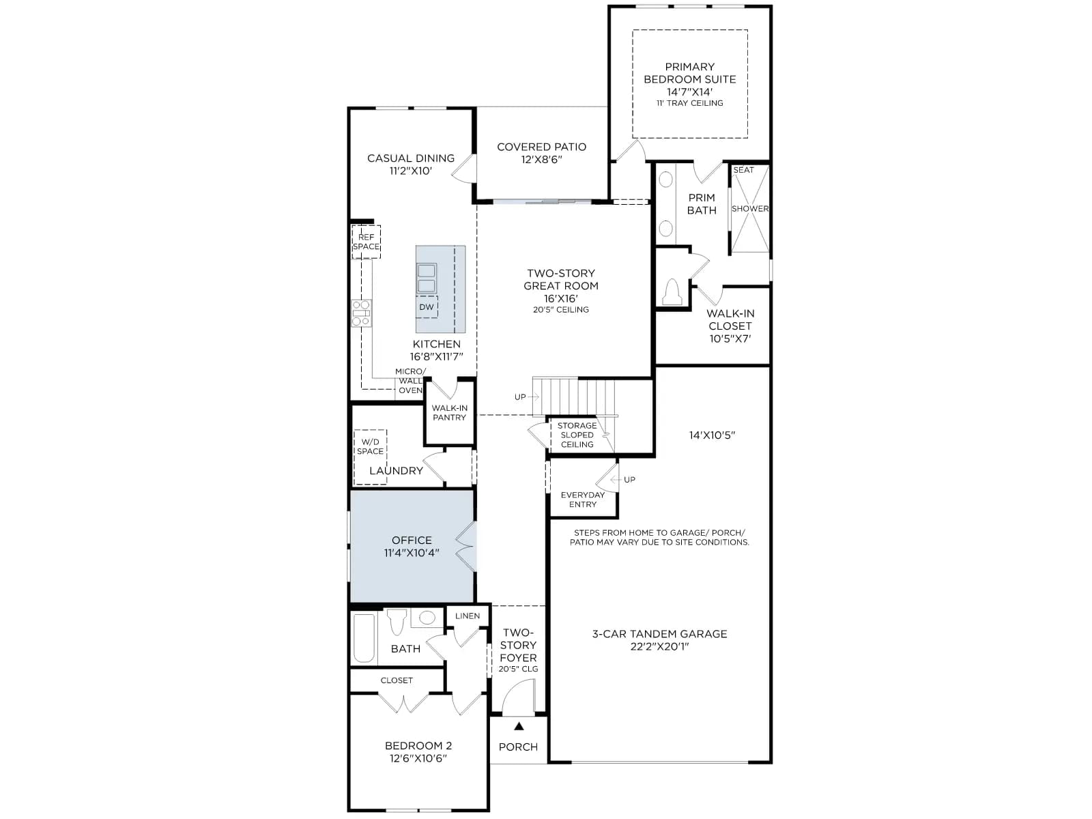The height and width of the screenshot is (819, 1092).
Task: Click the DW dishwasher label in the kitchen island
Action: point(427,307)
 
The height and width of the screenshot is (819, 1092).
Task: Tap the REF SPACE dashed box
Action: point(366,242)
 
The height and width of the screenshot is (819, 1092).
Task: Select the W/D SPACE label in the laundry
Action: point(370,446)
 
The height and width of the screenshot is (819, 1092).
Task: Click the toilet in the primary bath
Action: point(672,292)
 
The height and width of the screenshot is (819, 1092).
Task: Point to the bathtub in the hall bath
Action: point(364,639)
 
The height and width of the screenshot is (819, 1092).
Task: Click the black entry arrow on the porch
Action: point(519,726)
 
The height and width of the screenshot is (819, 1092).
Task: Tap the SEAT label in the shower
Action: point(744,170)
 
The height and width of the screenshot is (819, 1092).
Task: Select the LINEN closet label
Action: point(468,616)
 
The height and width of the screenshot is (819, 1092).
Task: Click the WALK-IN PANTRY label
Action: point(449,413)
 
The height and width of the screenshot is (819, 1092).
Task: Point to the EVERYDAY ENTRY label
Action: point(583,500)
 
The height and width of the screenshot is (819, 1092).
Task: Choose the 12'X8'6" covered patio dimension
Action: point(542,160)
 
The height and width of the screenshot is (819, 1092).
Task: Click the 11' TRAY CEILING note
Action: point(690,103)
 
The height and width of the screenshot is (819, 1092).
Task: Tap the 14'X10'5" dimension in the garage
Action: point(713,435)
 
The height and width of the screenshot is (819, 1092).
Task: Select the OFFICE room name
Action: point(412,540)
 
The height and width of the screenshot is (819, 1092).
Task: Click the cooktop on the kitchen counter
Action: point(361,313)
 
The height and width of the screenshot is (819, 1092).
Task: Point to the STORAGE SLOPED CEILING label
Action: point(577,435)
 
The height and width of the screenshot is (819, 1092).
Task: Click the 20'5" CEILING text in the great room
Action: point(561,309)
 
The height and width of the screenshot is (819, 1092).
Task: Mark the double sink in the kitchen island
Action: point(427,278)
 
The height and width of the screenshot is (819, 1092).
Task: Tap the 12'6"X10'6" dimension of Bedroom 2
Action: point(418,758)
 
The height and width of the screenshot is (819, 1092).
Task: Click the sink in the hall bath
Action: point(427,618)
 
